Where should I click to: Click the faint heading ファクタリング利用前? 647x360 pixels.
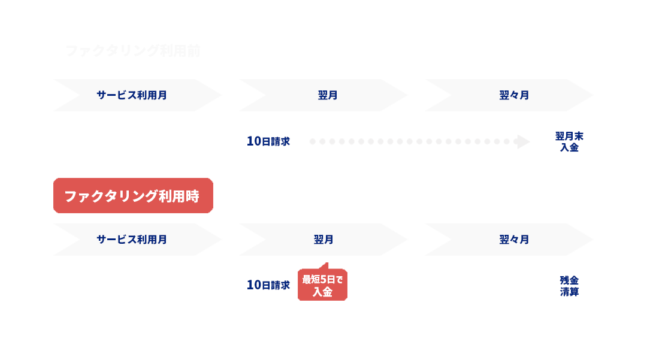(x=132, y=51)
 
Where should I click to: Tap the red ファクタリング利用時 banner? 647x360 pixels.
(x=132, y=196)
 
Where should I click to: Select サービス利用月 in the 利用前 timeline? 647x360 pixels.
(x=132, y=95)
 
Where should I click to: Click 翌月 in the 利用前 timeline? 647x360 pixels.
(x=327, y=95)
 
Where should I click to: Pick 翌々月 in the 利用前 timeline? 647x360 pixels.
(x=514, y=95)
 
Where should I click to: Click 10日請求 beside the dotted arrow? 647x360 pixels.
(x=268, y=141)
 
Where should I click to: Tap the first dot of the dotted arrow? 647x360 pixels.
(x=313, y=142)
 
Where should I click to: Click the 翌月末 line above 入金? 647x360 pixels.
(x=569, y=136)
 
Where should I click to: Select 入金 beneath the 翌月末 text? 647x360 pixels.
(x=569, y=147)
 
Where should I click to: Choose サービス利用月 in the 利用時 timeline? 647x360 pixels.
(x=132, y=240)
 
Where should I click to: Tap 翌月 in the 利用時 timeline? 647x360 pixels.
(x=323, y=240)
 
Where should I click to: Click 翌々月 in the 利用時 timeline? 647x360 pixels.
(x=514, y=240)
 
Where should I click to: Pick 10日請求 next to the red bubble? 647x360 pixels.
(x=268, y=285)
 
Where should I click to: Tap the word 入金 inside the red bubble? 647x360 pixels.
(x=322, y=292)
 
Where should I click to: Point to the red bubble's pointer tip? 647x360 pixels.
(x=327, y=263)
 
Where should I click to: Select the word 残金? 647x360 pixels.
(x=569, y=280)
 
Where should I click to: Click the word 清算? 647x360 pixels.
(x=569, y=292)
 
